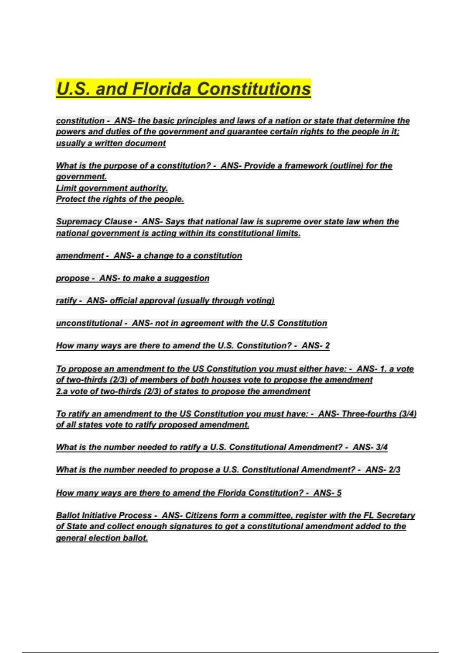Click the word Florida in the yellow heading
click(x=161, y=89)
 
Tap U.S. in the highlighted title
click(x=73, y=89)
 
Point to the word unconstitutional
click(x=89, y=323)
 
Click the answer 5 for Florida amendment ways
click(x=339, y=493)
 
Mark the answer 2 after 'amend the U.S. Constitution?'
click(x=327, y=346)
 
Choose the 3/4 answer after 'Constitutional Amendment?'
click(x=381, y=447)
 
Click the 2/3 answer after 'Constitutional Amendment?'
click(x=394, y=470)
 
